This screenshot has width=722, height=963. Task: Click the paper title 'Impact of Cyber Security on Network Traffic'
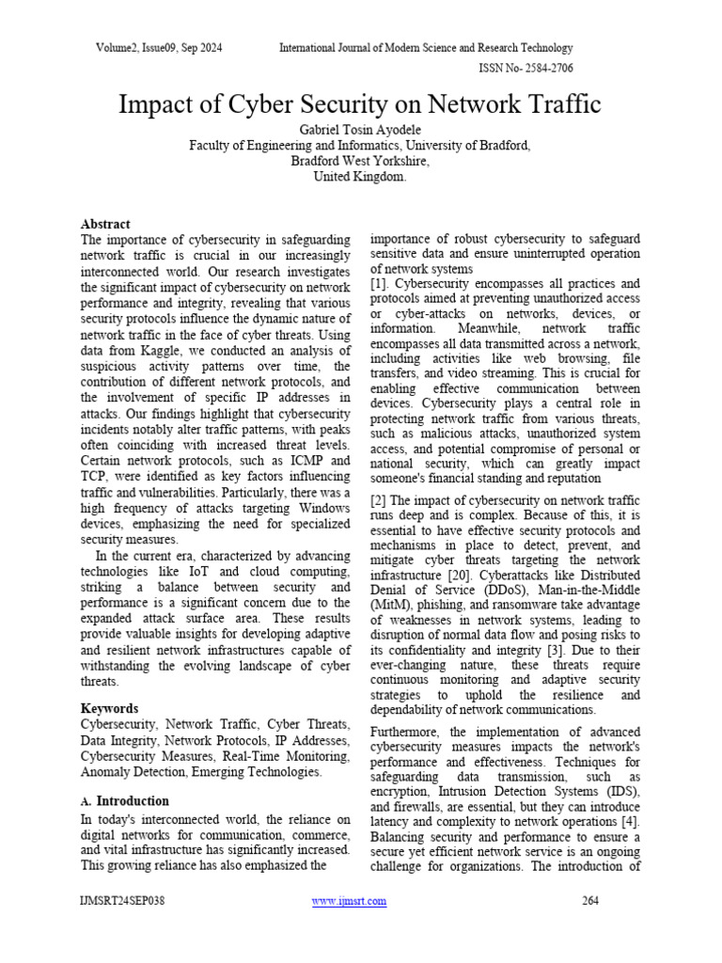point(360,103)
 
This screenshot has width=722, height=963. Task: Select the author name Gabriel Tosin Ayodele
point(360,128)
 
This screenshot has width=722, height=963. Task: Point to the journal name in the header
point(426,48)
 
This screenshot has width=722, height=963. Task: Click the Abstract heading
point(105,224)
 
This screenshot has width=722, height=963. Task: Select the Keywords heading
point(110,708)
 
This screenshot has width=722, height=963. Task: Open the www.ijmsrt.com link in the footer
point(348,901)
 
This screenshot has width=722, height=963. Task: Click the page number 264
point(590,901)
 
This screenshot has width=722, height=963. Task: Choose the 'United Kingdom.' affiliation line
point(360,176)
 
